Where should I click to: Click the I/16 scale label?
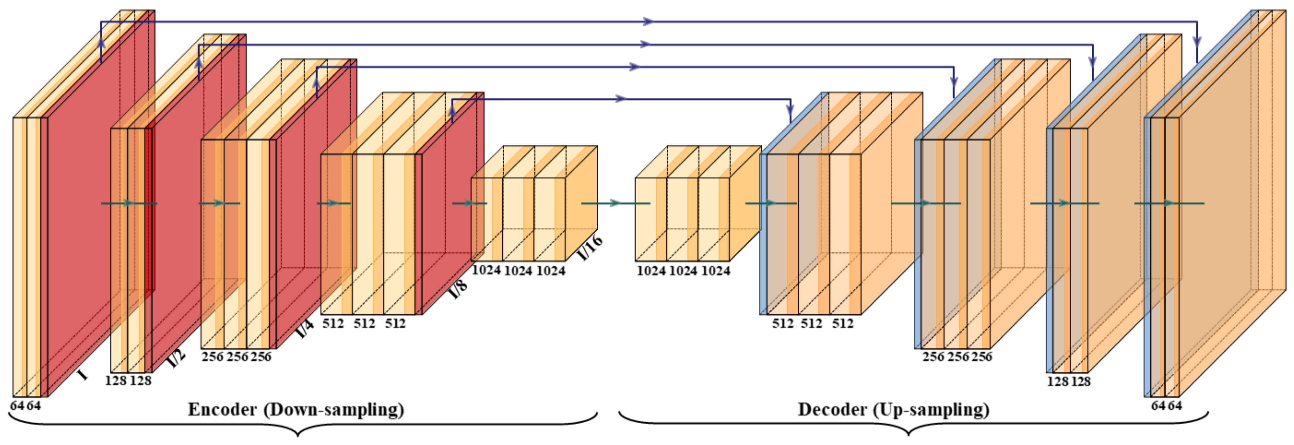tap(590, 248)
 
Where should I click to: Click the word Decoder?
tap(832, 410)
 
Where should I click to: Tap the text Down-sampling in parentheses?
tap(334, 410)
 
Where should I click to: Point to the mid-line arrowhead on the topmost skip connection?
tap(648, 21)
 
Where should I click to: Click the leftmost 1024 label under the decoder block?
tap(651, 271)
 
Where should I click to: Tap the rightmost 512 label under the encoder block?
tap(395, 324)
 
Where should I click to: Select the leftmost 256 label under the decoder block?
tap(933, 357)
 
